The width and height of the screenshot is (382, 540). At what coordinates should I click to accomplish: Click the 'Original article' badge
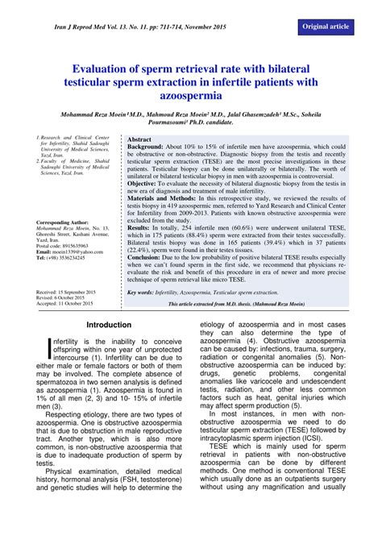tap(326, 27)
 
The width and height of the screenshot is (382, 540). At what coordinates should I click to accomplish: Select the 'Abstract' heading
tap(141, 139)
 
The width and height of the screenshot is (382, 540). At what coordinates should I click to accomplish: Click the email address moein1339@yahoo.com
tap(79, 252)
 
